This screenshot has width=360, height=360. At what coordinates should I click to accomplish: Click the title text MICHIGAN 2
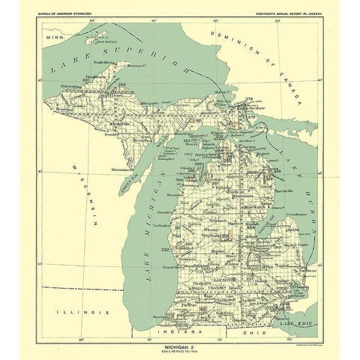(180, 327)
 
